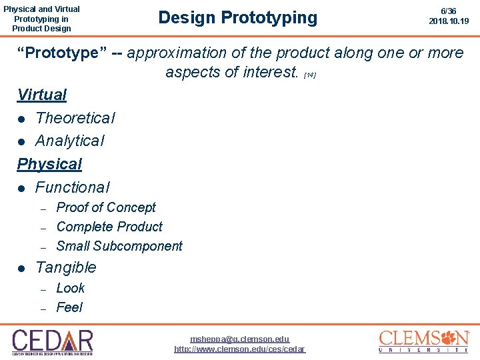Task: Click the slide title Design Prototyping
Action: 238,17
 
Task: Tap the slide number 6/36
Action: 449,11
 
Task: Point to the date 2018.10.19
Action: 449,21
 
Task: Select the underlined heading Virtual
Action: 42,95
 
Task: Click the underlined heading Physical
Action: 49,164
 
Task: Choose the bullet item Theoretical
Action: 75,118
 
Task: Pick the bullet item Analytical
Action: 69,141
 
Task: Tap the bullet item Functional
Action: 72,187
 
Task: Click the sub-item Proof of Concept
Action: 106,207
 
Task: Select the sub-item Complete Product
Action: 109,227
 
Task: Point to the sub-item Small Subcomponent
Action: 119,246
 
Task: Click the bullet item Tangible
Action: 65,267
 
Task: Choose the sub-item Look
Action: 71,288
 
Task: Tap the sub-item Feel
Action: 69,307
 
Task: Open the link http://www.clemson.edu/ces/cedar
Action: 240,349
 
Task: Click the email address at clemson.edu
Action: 240,339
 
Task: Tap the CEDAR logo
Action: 53,341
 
